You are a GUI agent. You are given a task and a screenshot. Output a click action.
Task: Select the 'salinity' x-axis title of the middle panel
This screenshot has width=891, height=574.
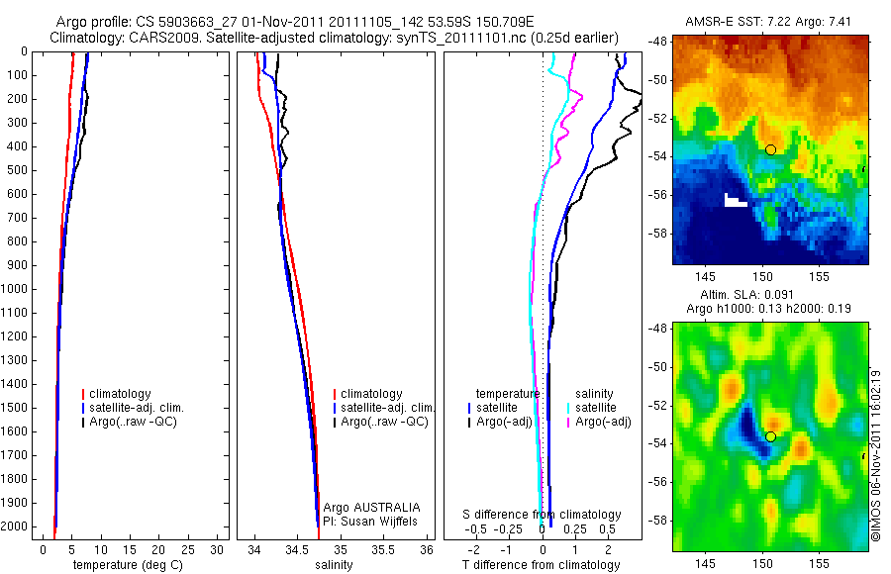335,565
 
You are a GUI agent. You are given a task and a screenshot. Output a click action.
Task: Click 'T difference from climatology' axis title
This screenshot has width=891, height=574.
541,565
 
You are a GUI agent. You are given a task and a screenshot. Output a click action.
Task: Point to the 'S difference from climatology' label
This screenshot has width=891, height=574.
543,515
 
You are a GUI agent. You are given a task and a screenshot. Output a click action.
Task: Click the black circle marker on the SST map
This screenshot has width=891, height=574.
770,149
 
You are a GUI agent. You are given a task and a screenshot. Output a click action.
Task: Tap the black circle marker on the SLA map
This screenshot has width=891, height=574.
770,436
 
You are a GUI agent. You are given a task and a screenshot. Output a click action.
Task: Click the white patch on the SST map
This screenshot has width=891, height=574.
736,201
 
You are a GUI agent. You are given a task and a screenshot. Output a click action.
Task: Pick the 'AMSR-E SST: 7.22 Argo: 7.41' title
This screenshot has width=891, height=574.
769,21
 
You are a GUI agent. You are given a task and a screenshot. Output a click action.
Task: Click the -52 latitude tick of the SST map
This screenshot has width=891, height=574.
661,118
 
